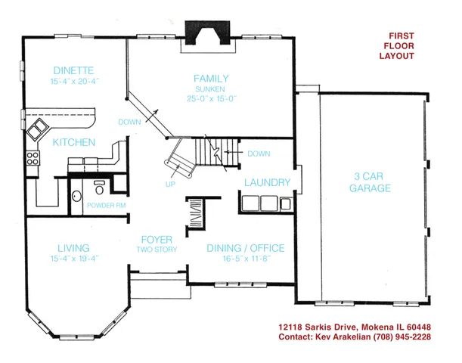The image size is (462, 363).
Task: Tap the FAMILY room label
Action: [x=210, y=79]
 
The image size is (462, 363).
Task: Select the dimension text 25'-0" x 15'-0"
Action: [x=210, y=98]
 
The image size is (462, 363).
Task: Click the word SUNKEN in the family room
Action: [x=210, y=88]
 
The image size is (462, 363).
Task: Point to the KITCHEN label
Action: [x=73, y=142]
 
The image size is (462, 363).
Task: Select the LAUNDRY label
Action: [x=267, y=183]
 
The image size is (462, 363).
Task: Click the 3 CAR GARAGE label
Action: [x=370, y=182]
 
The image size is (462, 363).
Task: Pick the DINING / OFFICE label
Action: [x=245, y=248]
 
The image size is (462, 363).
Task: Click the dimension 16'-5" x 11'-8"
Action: [x=245, y=258]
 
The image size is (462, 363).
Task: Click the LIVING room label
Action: [x=73, y=248]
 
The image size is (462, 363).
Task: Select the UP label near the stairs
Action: [x=170, y=184]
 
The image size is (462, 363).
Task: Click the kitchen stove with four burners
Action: [x=33, y=159]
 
